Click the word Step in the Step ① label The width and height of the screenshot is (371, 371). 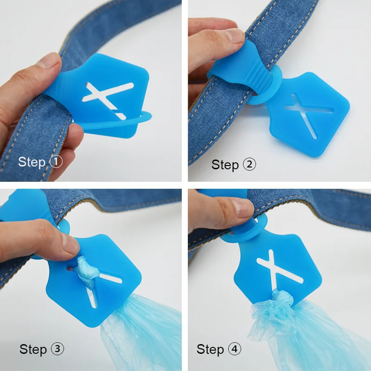[x=32, y=162]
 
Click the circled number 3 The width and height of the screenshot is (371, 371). [x=58, y=349]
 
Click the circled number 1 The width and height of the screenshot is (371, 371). [x=56, y=162]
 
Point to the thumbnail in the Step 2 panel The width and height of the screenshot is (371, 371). [x=234, y=36]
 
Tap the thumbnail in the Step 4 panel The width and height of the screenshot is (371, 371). [x=241, y=207]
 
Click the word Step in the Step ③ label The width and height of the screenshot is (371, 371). [x=33, y=349]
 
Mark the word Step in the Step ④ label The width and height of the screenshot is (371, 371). [x=210, y=349]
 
